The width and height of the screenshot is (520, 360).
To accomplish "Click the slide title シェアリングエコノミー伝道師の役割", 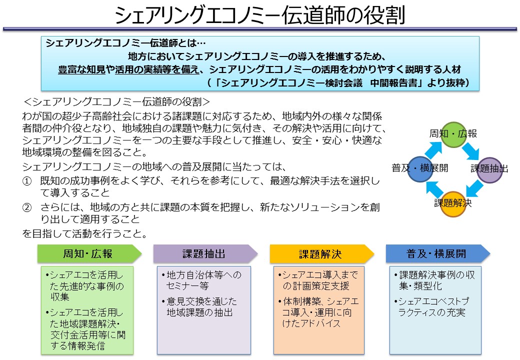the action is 259,14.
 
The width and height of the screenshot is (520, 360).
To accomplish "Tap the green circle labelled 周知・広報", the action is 453,134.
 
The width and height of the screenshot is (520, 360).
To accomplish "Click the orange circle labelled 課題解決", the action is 453,204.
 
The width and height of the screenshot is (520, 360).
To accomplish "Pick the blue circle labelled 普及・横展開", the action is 420,169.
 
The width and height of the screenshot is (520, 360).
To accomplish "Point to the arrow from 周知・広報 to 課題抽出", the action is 471,151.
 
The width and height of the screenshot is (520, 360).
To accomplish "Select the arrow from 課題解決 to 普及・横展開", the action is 435,189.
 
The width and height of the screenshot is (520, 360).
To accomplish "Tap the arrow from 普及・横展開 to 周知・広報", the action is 433,150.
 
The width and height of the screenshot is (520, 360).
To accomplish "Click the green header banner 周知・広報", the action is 89,254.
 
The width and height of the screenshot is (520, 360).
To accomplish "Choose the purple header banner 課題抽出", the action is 205,254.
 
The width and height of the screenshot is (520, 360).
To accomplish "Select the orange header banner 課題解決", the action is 322,254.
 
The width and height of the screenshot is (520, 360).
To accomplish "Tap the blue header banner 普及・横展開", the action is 438,254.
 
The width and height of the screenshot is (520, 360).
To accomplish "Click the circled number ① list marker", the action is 27,181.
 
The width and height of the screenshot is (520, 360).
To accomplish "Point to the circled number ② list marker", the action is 27,208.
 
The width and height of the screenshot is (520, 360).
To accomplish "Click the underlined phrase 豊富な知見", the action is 82,69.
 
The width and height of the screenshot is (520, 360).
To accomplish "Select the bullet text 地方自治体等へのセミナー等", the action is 201,280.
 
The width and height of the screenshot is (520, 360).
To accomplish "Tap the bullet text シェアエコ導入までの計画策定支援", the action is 318,280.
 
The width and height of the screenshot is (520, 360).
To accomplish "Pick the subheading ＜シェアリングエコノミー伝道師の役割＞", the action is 117,102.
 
